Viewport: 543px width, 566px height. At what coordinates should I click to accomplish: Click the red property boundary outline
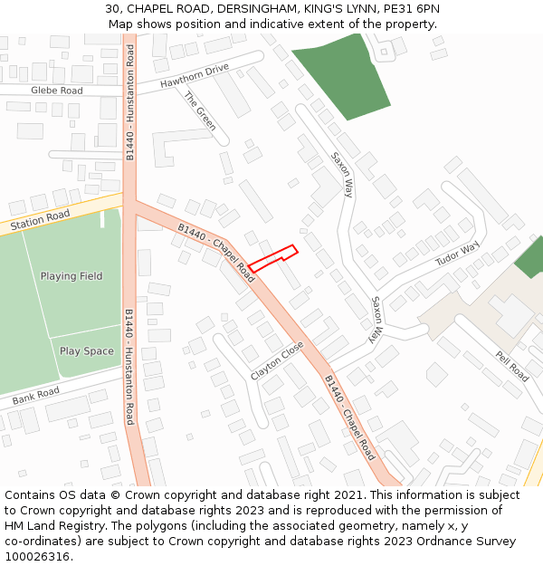tap(273, 259)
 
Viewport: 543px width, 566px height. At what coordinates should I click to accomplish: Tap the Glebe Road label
tap(56, 91)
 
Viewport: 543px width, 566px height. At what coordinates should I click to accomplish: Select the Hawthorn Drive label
tap(195, 75)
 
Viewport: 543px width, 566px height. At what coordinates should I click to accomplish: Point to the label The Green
tap(200, 110)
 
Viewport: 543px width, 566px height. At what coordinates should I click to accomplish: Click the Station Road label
tap(40, 218)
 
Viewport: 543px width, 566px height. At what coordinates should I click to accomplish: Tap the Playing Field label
tap(71, 276)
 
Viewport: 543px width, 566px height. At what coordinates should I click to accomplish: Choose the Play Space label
tap(87, 351)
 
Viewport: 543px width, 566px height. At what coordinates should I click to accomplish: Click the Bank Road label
tap(36, 396)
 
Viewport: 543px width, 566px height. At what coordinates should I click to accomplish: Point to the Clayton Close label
tap(278, 360)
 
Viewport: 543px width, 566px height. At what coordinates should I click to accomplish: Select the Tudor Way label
tap(457, 256)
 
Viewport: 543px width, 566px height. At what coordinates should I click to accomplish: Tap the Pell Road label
tap(511, 365)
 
